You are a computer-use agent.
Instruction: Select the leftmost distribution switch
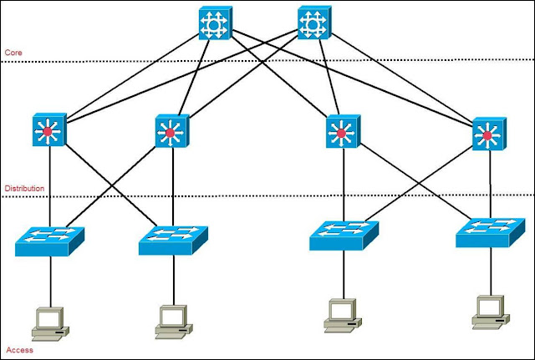click(48, 132)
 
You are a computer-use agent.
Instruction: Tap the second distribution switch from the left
click(172, 132)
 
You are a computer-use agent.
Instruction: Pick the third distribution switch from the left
click(341, 132)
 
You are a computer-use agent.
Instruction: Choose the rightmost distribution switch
click(487, 133)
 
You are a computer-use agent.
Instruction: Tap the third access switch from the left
click(343, 235)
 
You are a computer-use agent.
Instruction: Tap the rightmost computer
click(490, 310)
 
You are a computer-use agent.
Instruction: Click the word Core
click(14, 52)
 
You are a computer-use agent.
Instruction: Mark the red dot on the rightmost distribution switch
click(487, 134)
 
